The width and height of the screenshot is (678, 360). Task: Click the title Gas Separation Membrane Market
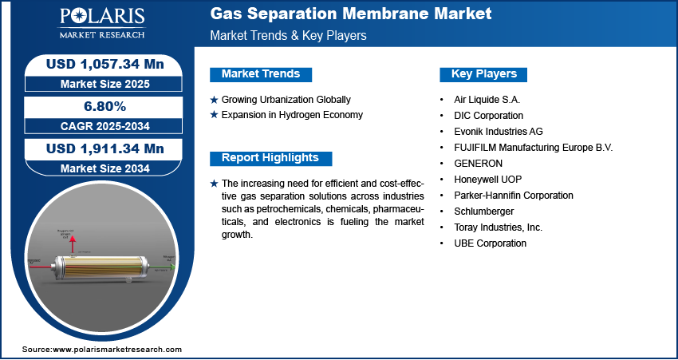click(350, 14)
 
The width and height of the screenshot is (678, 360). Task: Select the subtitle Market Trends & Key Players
click(288, 36)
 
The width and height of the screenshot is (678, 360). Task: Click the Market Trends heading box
click(261, 74)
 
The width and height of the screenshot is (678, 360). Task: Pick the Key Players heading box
click(483, 74)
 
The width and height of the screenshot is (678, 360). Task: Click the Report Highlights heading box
click(270, 158)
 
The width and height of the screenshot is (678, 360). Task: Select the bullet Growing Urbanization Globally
click(286, 100)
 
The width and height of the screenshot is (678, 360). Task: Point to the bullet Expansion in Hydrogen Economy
click(292, 115)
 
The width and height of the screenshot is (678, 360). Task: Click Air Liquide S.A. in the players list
click(486, 100)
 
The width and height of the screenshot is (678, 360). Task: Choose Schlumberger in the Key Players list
click(485, 212)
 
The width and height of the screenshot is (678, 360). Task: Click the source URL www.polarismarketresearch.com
click(117, 350)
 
